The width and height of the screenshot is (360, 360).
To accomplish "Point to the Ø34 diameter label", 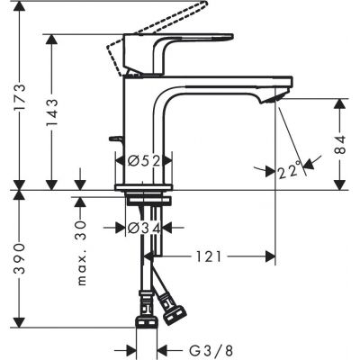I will (144, 229).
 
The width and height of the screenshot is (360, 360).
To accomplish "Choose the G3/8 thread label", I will (194, 348).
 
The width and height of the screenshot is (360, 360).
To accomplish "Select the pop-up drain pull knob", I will (112, 139).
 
